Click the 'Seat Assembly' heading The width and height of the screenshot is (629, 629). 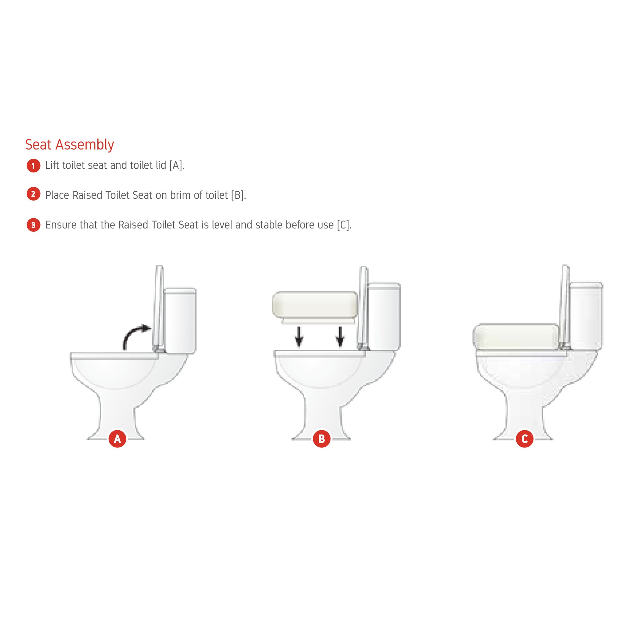70,145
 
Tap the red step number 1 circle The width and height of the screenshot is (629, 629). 33,166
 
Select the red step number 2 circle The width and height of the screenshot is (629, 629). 33,194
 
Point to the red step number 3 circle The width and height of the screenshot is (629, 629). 33,225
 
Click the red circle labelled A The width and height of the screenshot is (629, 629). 117,439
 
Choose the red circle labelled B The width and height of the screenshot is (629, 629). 322,439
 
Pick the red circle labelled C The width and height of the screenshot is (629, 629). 525,439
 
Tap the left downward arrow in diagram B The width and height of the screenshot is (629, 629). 299,337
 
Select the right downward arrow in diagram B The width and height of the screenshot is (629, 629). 340,337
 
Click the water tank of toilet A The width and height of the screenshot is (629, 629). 180,321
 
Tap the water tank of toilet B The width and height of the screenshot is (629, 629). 384,316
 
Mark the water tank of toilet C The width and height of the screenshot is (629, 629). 586,316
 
